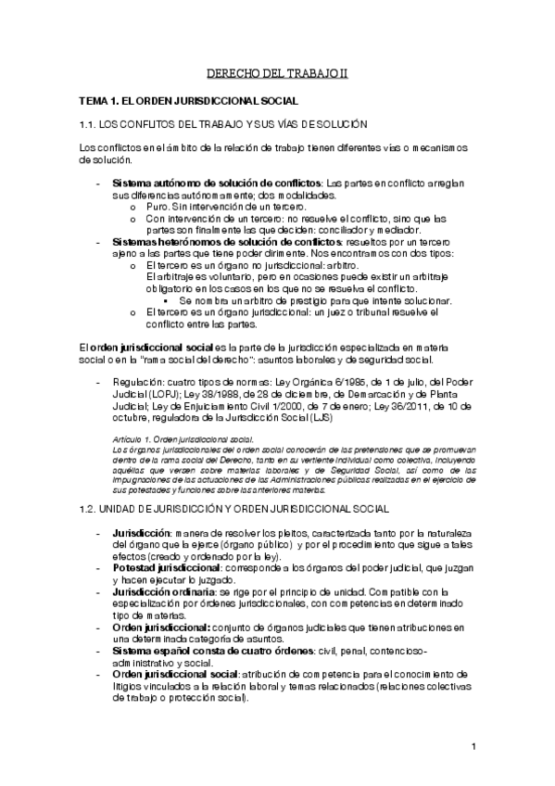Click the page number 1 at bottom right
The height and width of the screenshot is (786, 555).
click(x=473, y=748)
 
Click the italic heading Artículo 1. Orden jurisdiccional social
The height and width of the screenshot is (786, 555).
click(x=177, y=439)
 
